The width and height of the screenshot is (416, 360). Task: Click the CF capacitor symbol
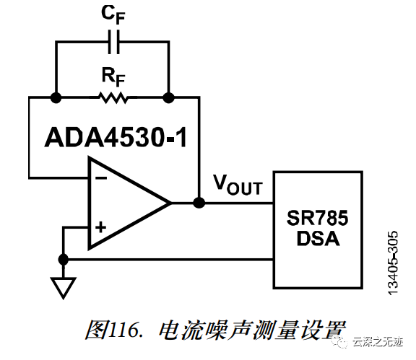point(114,42)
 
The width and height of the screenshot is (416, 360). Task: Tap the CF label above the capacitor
point(113,15)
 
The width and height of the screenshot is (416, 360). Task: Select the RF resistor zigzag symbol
point(113,97)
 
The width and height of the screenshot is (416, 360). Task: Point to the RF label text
point(113,77)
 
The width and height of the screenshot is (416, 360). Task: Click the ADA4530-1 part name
point(116,137)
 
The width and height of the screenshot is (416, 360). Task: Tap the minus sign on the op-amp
point(101,177)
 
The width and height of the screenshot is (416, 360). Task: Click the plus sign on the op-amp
point(101,227)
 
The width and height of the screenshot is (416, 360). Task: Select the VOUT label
point(238,185)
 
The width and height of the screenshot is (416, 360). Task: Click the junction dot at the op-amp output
point(199,203)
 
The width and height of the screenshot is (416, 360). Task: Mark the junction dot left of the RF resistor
point(56,98)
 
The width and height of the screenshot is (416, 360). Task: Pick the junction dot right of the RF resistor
point(168,97)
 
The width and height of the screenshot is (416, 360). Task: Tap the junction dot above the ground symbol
point(63,260)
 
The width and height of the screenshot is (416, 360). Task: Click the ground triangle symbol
point(63,288)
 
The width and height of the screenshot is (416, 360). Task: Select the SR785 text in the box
point(317,218)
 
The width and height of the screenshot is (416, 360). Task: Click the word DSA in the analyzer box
point(318,239)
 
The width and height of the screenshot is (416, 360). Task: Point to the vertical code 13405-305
point(393,263)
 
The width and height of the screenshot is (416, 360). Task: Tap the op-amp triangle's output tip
point(171,203)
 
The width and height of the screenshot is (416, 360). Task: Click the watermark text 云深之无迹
point(378,342)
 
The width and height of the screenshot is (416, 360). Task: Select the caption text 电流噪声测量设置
point(252,330)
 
